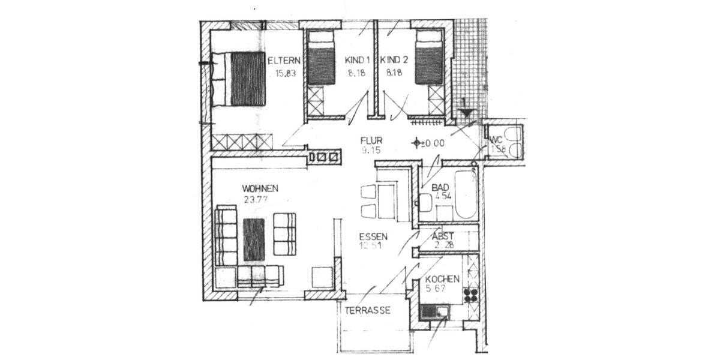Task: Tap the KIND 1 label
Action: click(357, 61)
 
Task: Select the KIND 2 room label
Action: click(395, 61)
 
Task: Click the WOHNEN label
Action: click(260, 188)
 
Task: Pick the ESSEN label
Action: click(373, 236)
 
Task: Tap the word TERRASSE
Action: click(368, 310)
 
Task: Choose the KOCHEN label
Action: click(442, 280)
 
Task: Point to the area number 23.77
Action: click(256, 200)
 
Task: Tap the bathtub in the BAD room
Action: click(465, 194)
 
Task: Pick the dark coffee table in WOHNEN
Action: click(254, 239)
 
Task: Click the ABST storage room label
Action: click(443, 236)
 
